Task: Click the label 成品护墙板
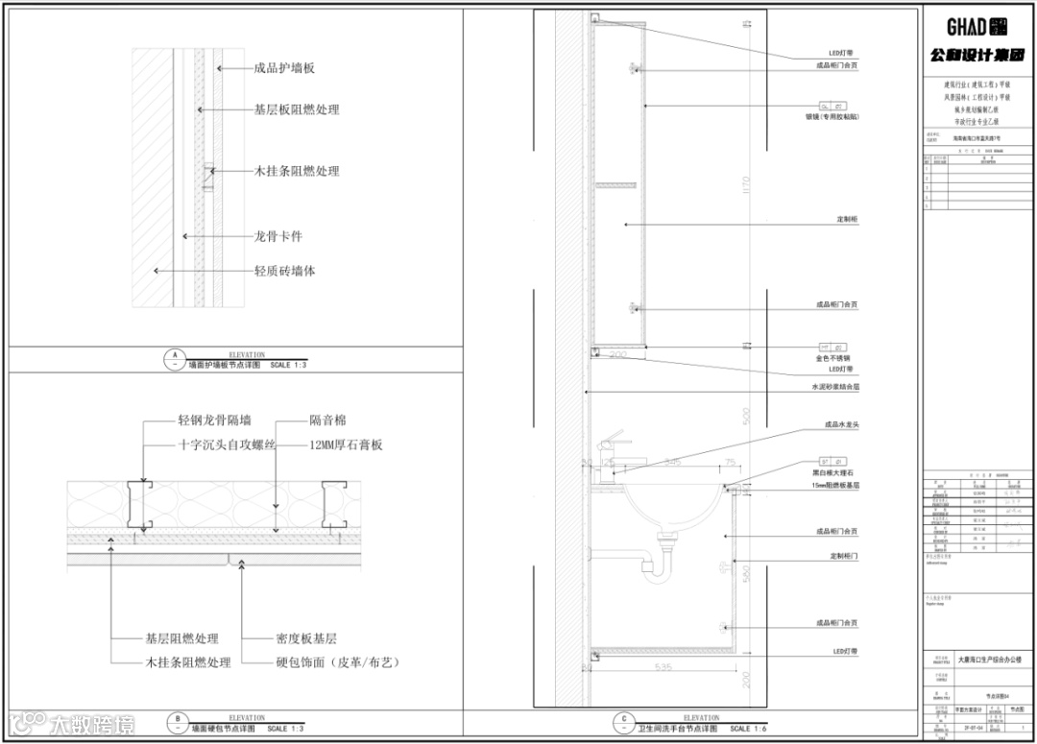[284, 68]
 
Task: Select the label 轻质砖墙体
[284, 271]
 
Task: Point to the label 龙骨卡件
[278, 236]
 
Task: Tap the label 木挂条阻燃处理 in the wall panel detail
[297, 171]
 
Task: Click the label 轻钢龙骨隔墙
[214, 420]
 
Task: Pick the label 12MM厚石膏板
[346, 444]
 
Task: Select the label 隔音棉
[327, 420]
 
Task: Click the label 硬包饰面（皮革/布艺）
[337, 662]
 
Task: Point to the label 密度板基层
[305, 638]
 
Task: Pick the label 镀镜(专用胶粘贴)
[832, 117]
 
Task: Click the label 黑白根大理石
[832, 473]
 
